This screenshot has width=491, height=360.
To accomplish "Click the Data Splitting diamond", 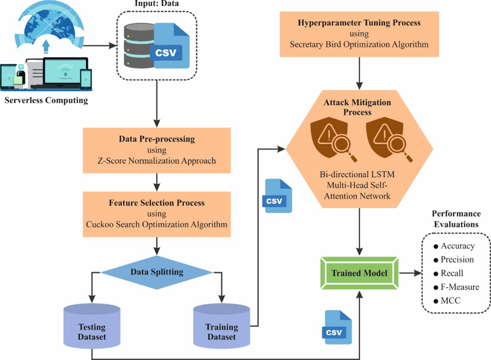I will pyautogui.click(x=157, y=272).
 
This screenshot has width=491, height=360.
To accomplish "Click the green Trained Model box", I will pyautogui.click(x=360, y=272).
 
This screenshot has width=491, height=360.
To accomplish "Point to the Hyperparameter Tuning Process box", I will pyautogui.click(x=359, y=34).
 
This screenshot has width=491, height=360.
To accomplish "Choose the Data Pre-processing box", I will pyautogui.click(x=156, y=149).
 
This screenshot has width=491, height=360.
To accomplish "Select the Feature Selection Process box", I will pyautogui.click(x=156, y=213).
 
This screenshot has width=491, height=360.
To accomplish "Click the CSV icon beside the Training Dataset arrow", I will pyautogui.click(x=278, y=196).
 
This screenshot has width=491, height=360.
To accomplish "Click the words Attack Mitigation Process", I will pyautogui.click(x=359, y=106).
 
